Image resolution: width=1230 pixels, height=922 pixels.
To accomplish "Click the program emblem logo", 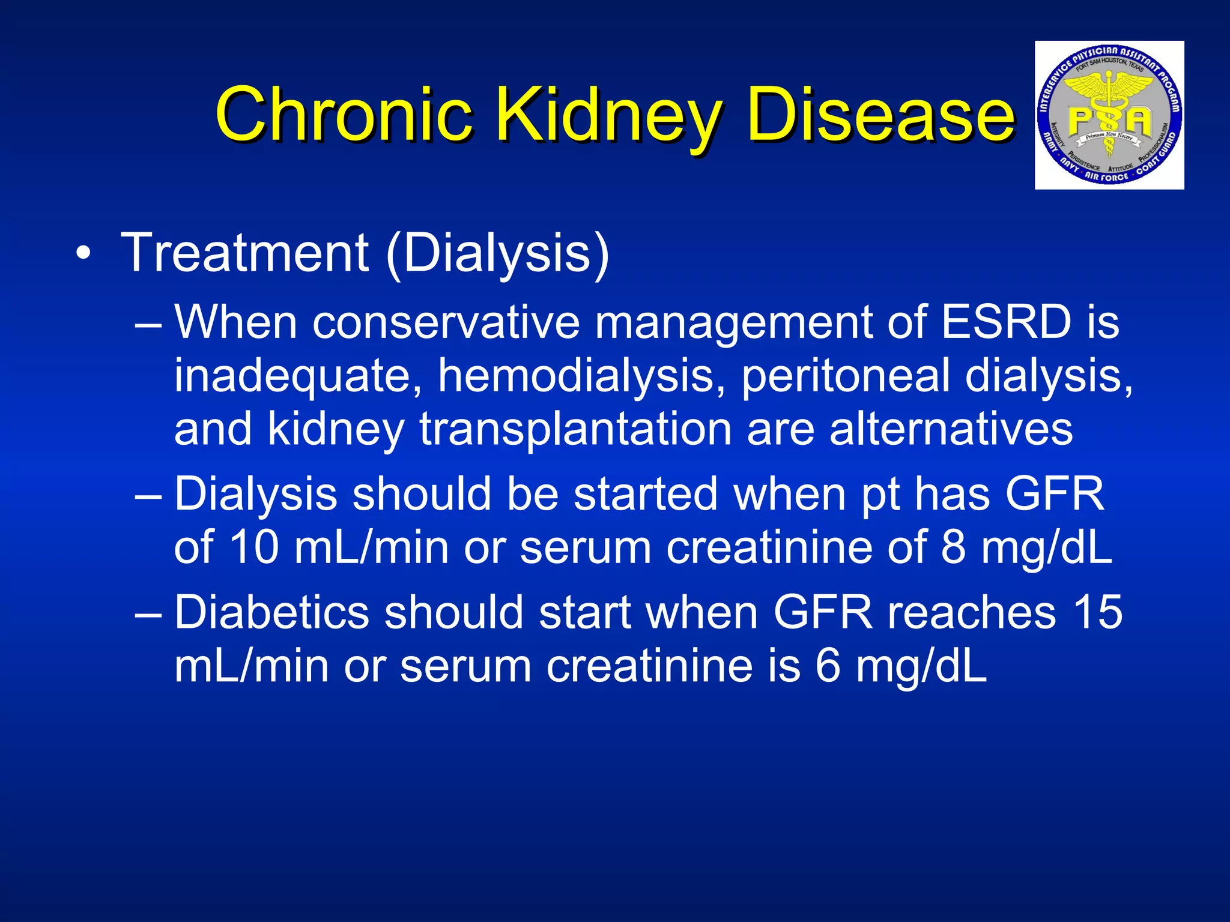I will tap(1109, 115).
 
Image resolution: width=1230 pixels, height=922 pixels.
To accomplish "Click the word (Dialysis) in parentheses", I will tap(497, 253).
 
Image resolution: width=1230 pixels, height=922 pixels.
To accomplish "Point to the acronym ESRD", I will tap(1006, 322).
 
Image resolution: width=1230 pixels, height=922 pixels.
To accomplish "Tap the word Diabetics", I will tap(271, 612).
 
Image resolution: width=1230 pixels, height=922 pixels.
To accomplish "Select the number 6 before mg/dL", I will tap(828, 666).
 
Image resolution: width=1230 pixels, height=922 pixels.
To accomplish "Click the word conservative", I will tap(446, 322).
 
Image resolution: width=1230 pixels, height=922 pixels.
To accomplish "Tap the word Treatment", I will tap(245, 253).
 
